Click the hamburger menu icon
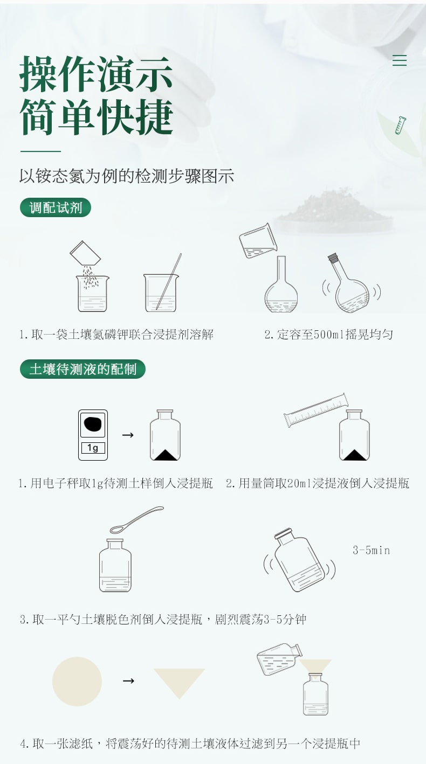(400, 60)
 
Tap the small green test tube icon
(401, 125)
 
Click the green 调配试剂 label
(56, 207)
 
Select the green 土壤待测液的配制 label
(83, 369)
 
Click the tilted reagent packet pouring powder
(85, 253)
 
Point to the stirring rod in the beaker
(169, 281)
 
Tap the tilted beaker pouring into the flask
(258, 241)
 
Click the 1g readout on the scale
(93, 448)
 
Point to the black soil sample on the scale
(93, 424)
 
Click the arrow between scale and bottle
(128, 435)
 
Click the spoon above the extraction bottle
(136, 519)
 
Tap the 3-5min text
(372, 550)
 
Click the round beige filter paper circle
(77, 682)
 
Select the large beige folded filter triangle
(180, 681)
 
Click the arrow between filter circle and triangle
(128, 681)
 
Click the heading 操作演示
(96, 74)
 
